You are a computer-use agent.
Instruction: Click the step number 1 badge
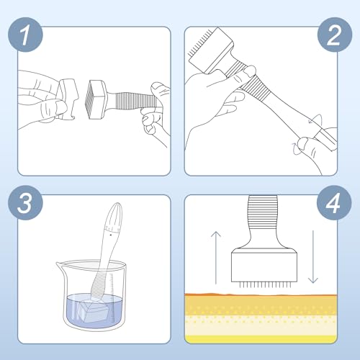coord(25,35)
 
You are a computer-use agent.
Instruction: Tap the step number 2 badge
coord(335,35)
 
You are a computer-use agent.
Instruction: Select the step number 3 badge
coord(25,202)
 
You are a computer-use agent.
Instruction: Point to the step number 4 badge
coord(334,202)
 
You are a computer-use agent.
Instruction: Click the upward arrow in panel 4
coord(216,258)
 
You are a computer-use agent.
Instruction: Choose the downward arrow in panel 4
coord(313,257)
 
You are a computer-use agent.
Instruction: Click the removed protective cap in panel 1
coord(67,99)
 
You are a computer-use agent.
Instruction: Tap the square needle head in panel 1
coord(96,99)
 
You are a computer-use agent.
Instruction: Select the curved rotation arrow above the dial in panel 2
coord(315,120)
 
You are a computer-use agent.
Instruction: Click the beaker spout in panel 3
coord(60,265)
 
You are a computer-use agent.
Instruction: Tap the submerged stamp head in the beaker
coord(92,310)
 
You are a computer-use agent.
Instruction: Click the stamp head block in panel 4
coord(264,265)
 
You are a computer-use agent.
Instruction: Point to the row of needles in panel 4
coord(264,285)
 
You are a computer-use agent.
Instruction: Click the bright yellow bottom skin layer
coord(261,339)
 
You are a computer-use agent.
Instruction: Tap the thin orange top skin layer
coord(261,294)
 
